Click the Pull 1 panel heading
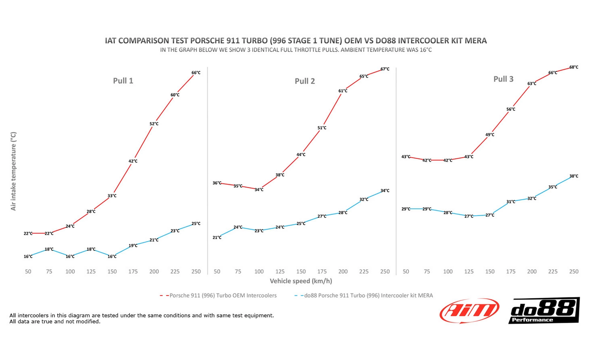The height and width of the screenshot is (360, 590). click(x=123, y=80)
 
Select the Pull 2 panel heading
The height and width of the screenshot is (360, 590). click(x=305, y=81)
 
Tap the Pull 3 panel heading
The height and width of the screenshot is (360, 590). click(x=503, y=79)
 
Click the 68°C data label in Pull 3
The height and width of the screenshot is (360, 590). click(x=574, y=67)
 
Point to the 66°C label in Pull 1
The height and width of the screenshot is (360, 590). click(x=196, y=73)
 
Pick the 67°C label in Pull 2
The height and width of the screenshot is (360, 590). click(x=385, y=69)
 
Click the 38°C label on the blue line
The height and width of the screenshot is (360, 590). click(x=574, y=176)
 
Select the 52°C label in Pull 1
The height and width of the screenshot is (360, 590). click(x=154, y=124)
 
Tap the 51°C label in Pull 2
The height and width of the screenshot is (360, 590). click(x=322, y=128)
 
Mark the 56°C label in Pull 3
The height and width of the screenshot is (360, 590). click(x=511, y=109)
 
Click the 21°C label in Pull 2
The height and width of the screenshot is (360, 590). click(x=217, y=237)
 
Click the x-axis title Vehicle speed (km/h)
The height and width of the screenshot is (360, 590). click(x=301, y=281)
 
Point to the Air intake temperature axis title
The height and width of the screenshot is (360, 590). click(x=13, y=171)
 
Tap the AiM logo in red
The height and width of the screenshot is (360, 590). click(x=469, y=311)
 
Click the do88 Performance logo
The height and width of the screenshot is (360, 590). click(x=544, y=311)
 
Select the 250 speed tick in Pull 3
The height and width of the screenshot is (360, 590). click(x=574, y=271)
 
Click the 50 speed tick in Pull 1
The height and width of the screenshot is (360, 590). click(x=28, y=271)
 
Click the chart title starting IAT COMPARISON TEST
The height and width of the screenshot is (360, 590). click(x=296, y=40)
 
